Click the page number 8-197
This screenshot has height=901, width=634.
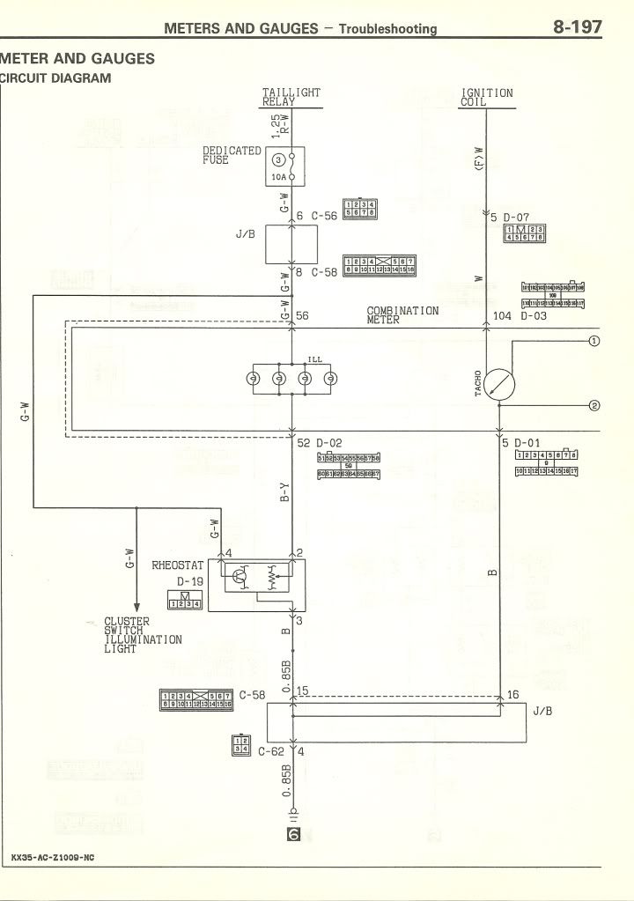(578, 27)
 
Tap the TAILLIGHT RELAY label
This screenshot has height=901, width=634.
(291, 97)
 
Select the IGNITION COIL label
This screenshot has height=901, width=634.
(486, 97)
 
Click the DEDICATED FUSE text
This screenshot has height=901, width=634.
(232, 155)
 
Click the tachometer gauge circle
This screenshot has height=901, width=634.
(499, 384)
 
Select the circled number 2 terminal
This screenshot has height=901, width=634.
(593, 405)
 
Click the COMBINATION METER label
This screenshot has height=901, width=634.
(402, 315)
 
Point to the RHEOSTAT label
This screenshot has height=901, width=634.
(178, 565)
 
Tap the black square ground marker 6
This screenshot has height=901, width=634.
(294, 832)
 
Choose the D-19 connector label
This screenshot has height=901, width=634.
(189, 582)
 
